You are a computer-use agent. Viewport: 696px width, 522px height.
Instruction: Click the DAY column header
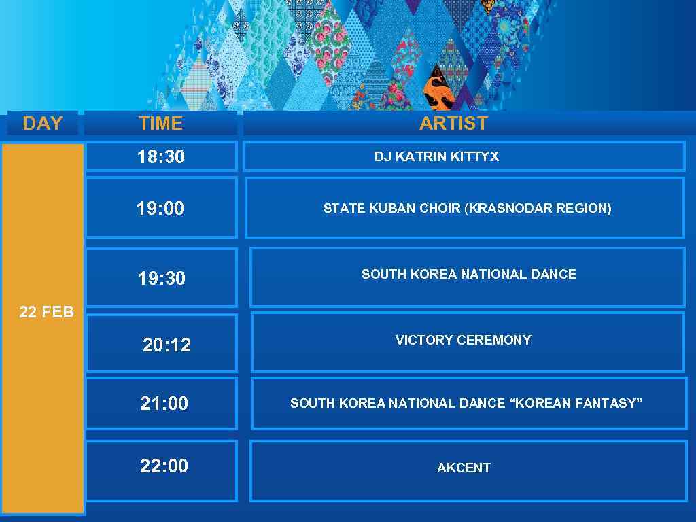(42, 123)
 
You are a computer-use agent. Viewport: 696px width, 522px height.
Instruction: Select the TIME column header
(160, 123)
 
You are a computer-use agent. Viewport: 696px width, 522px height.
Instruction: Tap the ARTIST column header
(453, 123)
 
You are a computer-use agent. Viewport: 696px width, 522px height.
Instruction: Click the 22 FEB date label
(46, 312)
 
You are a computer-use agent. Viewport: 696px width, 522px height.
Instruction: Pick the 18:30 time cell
(161, 156)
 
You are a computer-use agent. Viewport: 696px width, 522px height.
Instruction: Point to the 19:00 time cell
(160, 208)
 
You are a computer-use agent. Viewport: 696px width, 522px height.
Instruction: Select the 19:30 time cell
(162, 278)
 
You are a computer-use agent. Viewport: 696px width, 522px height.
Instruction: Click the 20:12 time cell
(167, 345)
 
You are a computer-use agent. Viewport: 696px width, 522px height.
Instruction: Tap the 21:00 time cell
(164, 403)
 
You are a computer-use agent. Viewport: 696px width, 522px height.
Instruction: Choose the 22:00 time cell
(164, 466)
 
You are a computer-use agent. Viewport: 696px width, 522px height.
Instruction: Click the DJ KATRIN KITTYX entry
(436, 156)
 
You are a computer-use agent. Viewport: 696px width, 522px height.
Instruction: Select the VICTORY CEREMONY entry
(464, 340)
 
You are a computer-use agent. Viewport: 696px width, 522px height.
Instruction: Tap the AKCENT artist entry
(464, 468)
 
